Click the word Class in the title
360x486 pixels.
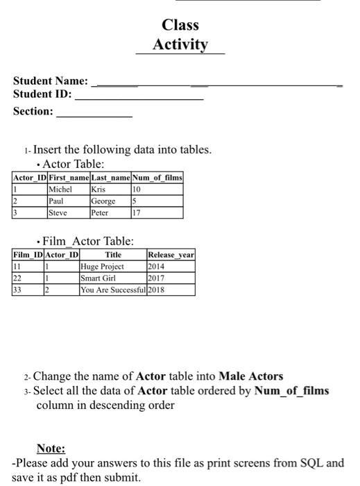tap(180, 26)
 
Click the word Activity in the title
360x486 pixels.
tap(180, 45)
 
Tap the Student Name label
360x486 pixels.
tap(51, 81)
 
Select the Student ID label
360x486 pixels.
tap(42, 94)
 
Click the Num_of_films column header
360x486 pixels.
tap(157, 178)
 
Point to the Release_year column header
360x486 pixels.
tap(171, 255)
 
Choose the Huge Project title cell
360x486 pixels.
tap(102, 266)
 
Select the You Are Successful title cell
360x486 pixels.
tap(112, 290)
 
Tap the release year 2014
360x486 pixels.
tap(157, 266)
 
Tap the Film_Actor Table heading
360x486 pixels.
tap(88, 242)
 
